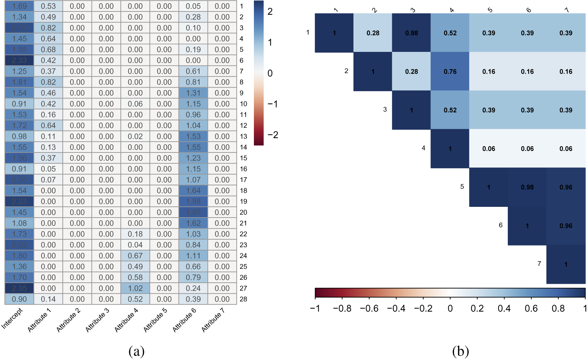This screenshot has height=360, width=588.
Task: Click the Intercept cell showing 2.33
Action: click(19, 60)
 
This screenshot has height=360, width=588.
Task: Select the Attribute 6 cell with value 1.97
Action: click(193, 212)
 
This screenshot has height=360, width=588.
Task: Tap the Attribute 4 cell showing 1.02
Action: click(135, 288)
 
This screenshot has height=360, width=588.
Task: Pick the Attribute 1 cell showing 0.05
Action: click(48, 169)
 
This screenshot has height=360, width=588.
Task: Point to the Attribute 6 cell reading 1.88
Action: click(193, 201)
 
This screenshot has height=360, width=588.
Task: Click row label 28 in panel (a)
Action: click(244, 299)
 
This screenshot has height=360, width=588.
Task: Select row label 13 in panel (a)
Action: click(244, 136)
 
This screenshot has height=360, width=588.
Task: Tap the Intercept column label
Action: click(12, 318)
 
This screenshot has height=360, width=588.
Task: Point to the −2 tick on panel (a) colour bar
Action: click(273, 135)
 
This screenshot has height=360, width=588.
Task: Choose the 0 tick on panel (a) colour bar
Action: click(270, 73)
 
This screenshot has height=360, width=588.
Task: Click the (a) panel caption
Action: click(136, 351)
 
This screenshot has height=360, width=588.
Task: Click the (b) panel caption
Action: click(461, 351)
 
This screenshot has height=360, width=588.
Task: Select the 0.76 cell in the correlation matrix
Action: click(450, 72)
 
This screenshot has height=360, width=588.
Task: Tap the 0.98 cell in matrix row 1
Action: click(411, 33)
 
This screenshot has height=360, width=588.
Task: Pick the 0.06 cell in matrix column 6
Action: click(527, 149)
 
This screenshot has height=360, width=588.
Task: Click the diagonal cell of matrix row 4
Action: click(450, 149)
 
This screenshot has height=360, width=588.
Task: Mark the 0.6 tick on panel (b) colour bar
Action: click(531, 308)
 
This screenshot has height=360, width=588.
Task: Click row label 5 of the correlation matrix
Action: click(462, 187)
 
